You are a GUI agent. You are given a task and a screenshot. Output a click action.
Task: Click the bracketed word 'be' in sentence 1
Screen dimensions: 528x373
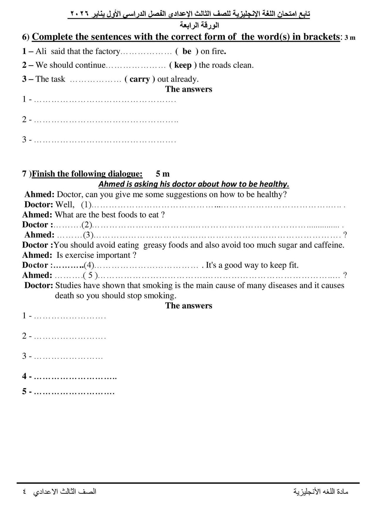187,52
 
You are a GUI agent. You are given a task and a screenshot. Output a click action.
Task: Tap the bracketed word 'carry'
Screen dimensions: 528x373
139,79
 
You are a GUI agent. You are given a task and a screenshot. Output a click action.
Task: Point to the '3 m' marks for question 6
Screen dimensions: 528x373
350,38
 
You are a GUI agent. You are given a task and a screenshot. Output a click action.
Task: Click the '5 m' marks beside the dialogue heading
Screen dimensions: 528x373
163,174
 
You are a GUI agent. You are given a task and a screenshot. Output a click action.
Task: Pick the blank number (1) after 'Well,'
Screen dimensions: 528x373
86,204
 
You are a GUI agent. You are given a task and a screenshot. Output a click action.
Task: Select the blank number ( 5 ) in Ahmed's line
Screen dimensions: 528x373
92,275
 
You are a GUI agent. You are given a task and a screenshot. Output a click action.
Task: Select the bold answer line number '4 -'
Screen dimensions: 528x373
27,376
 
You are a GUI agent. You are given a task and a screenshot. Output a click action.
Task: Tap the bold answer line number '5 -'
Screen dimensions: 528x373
27,392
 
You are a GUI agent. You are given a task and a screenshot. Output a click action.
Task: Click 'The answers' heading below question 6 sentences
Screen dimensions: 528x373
188,89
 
